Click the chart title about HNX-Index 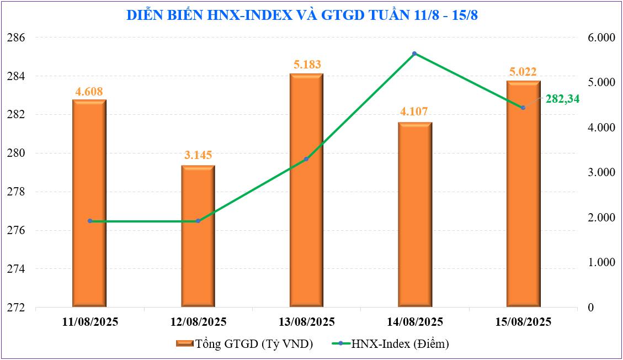point(302,15)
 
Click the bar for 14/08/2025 point(414,215)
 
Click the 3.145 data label point(199,155)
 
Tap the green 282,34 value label point(563,99)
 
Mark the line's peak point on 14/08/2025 point(414,54)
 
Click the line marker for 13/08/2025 point(306,159)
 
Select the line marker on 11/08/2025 point(90,221)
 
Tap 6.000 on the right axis point(601,38)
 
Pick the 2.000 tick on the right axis point(601,218)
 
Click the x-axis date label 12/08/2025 point(198,322)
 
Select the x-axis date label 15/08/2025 point(523,322)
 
